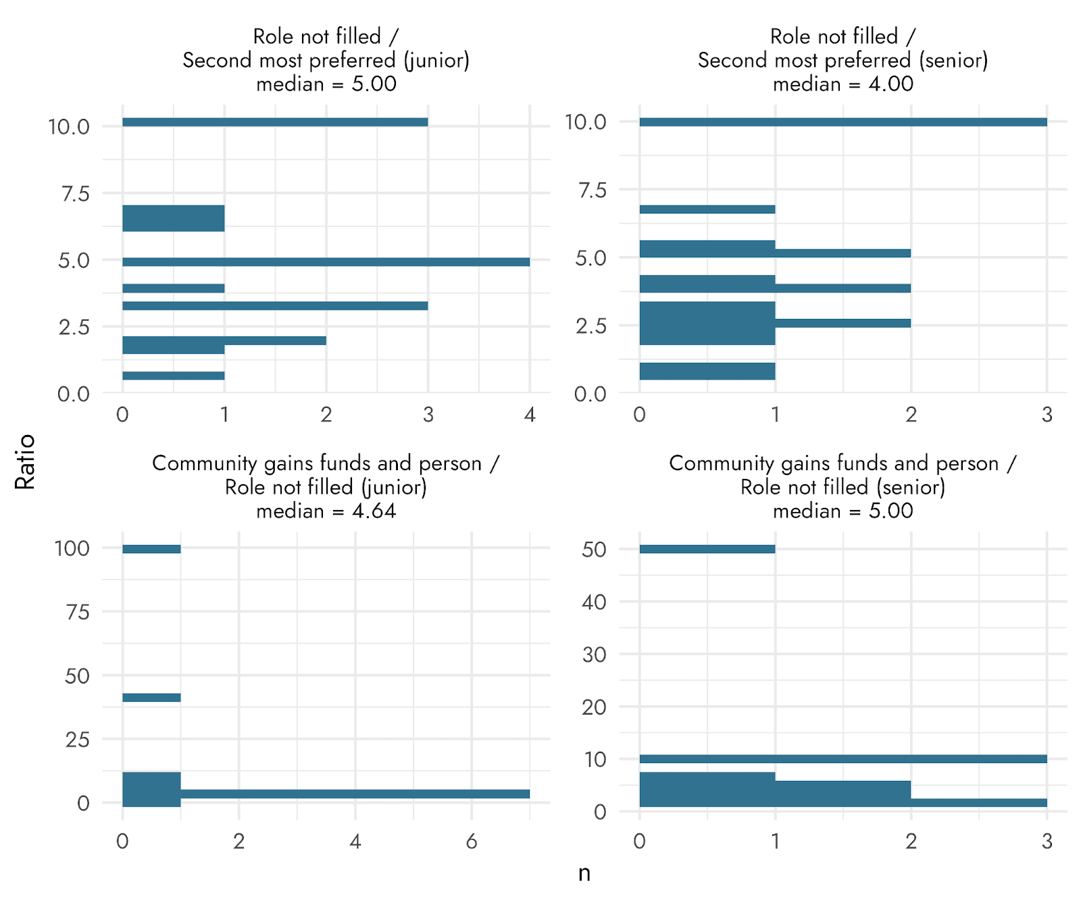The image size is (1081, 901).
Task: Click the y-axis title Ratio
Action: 25,462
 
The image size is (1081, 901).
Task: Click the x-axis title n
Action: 584,873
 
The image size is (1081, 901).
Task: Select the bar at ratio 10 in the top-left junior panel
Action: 275,122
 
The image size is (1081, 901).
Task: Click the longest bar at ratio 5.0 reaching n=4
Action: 326,262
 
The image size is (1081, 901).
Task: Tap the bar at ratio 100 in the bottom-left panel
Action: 151,549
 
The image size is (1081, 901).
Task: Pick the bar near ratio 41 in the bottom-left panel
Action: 151,698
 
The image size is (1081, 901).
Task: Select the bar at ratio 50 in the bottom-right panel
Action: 707,549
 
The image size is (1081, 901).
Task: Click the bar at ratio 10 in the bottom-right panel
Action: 843,759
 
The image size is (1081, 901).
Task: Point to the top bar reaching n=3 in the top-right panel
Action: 843,122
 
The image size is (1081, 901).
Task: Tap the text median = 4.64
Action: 326,511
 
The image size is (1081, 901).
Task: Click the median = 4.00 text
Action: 843,84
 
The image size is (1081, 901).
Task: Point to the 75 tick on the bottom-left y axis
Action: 78,612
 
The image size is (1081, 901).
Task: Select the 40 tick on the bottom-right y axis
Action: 594,602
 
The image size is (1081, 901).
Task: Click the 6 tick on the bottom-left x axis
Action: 472,842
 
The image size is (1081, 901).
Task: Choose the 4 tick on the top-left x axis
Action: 530,415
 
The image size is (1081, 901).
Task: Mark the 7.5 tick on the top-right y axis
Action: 593,190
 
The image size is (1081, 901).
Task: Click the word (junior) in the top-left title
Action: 436,60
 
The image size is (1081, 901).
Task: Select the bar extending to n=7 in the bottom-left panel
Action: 355,794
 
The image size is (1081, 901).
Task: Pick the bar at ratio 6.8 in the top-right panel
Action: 707,209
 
